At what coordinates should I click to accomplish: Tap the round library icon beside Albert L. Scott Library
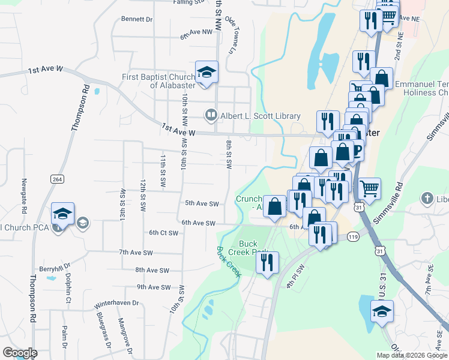pyautogui.click(x=211, y=114)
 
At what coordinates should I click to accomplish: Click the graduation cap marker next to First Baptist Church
pyautogui.click(x=206, y=73)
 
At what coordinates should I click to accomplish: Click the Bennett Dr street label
pyautogui.click(x=137, y=19)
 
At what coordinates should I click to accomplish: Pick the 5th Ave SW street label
pyautogui.click(x=201, y=203)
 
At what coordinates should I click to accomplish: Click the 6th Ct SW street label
pyautogui.click(x=164, y=233)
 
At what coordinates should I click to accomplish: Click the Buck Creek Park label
pyautogui.click(x=252, y=248)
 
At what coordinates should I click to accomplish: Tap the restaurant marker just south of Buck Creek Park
pyautogui.click(x=267, y=263)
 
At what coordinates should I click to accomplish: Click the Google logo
pyautogui.click(x=20, y=353)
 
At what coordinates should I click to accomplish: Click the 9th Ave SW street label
pyautogui.click(x=153, y=287)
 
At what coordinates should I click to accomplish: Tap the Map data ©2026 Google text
pyautogui.click(x=411, y=355)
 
